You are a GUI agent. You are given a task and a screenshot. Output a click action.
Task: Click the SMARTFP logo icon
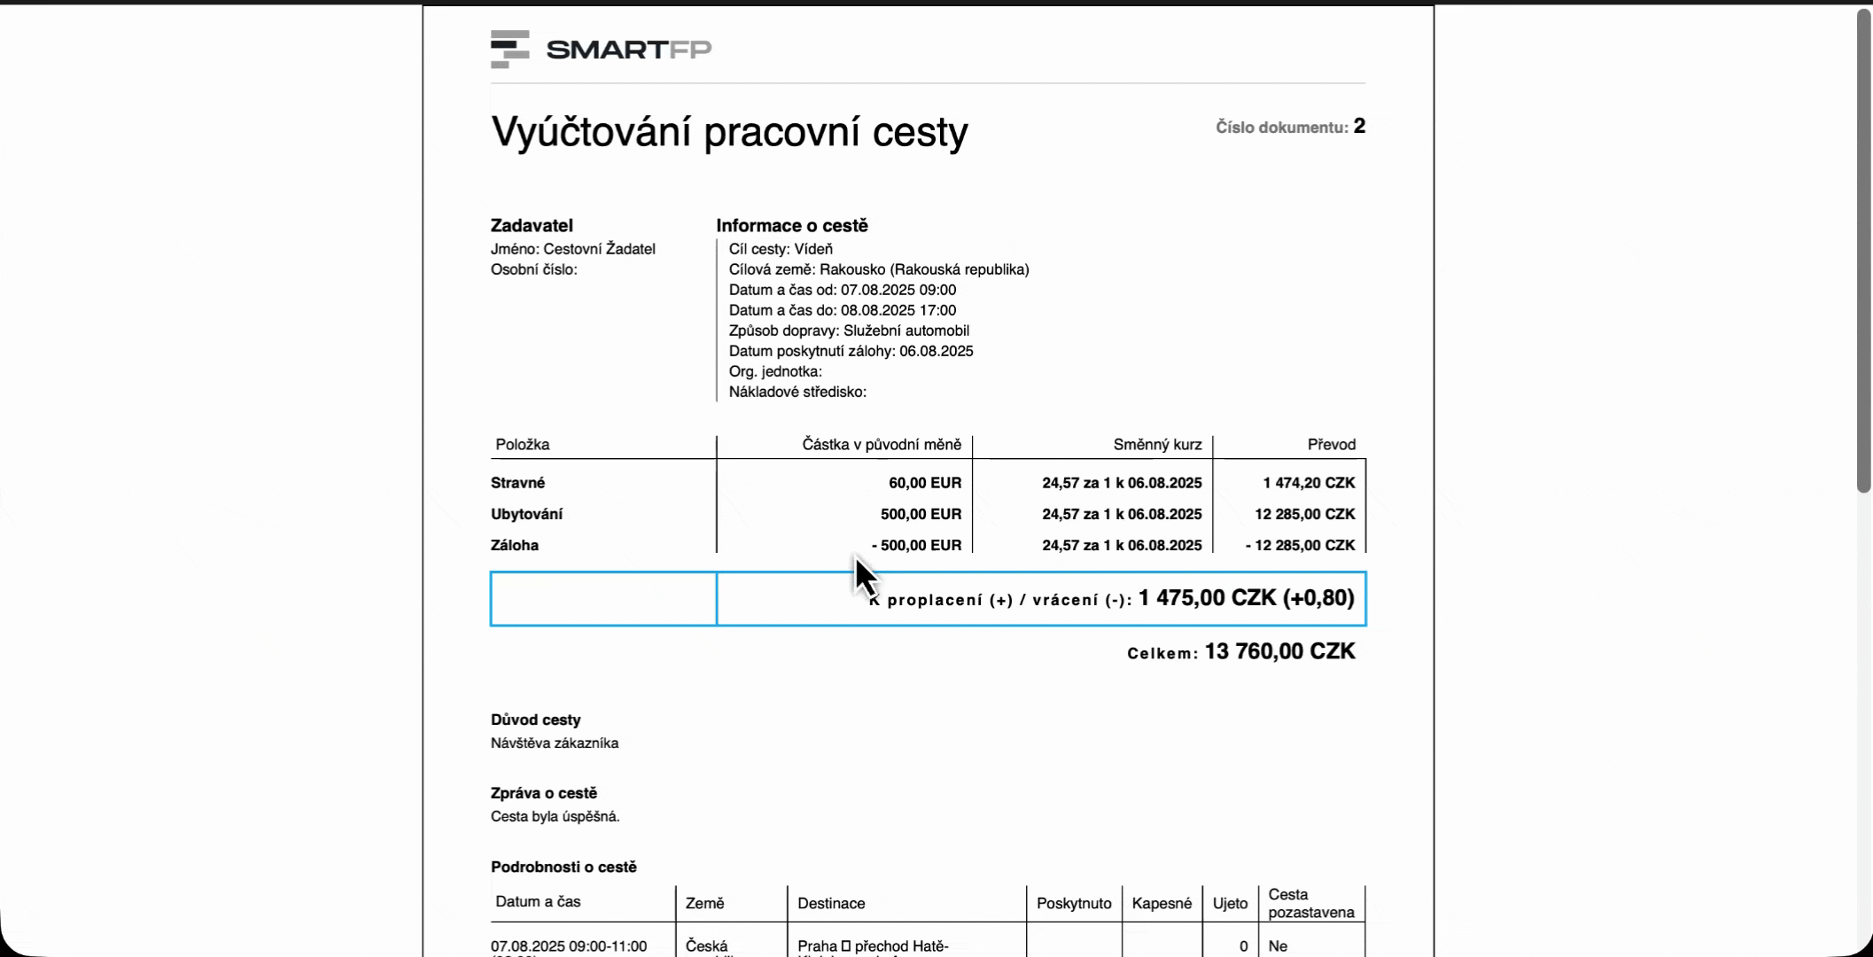[509, 49]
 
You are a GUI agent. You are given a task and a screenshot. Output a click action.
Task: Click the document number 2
[1359, 127]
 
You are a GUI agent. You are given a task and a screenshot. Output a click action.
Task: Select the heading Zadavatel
[532, 226]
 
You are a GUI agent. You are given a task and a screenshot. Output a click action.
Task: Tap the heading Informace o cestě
[791, 226]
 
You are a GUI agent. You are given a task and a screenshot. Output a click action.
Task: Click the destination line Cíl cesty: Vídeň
[781, 249]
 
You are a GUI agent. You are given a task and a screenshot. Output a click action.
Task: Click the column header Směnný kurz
[1157, 445]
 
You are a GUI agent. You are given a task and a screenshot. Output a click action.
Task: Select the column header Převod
[1331, 445]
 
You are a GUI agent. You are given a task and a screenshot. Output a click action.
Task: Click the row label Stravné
[517, 483]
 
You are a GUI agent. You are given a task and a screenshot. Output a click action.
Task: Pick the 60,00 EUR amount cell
[925, 483]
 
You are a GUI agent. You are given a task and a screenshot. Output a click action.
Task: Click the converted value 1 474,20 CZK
[1309, 483]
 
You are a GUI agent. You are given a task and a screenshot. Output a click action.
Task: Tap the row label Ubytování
[526, 514]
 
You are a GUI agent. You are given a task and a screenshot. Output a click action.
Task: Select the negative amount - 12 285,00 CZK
[1300, 545]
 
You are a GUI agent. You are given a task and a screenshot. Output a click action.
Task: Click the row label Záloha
[515, 545]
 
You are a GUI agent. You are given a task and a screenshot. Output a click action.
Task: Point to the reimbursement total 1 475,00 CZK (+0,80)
[1246, 598]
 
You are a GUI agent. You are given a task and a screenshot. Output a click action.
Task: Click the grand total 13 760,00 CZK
[1279, 652]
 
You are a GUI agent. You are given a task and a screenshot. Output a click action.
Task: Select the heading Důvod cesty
[535, 720]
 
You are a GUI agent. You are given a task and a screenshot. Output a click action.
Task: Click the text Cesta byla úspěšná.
[555, 816]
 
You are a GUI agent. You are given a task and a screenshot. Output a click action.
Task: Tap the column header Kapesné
[1162, 903]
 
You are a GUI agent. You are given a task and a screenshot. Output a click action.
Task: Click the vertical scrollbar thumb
[1864, 248]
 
